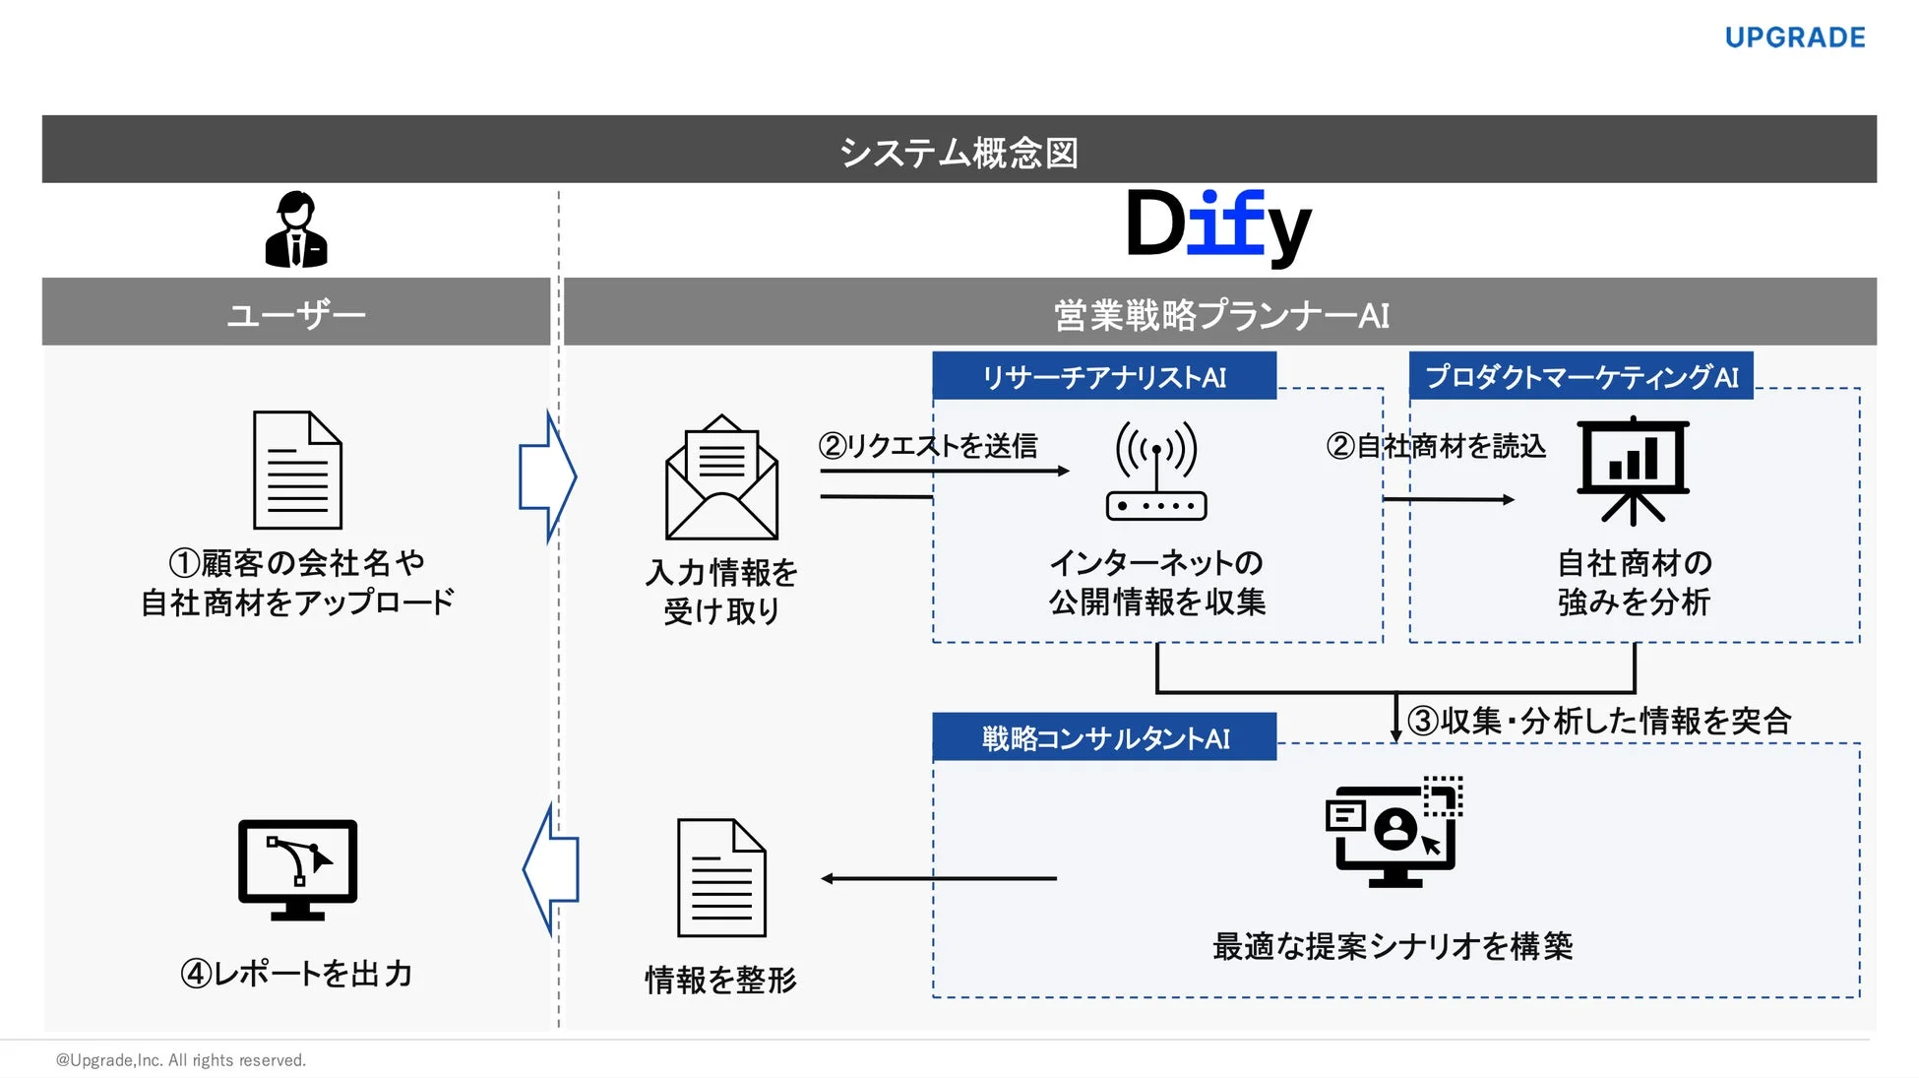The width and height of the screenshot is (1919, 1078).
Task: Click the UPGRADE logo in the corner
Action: [x=1795, y=37]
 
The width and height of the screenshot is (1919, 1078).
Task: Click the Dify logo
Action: [x=1217, y=225]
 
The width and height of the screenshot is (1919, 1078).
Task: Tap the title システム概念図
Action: [x=959, y=152]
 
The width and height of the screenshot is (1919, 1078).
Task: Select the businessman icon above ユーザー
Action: [x=296, y=229]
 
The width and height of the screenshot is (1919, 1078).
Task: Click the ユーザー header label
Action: [x=296, y=314]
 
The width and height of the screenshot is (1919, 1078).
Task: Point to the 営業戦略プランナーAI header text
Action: [x=1220, y=315]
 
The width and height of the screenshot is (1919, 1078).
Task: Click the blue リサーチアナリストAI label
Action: [x=1104, y=376]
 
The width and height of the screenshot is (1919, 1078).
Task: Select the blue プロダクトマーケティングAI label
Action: [x=1581, y=376]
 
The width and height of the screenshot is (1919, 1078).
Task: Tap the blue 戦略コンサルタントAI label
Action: [x=1104, y=737]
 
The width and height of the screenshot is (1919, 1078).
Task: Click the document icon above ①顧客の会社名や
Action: [x=297, y=471]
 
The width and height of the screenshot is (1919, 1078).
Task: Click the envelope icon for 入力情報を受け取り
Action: [x=721, y=477]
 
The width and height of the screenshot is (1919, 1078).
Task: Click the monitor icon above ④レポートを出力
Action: [x=297, y=869]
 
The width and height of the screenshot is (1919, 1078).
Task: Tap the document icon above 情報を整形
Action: [x=721, y=877]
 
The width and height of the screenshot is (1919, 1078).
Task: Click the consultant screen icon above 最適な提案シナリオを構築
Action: [x=1393, y=833]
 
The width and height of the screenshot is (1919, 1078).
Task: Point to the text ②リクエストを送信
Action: [x=928, y=446]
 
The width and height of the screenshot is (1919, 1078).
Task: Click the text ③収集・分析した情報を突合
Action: [x=1599, y=721]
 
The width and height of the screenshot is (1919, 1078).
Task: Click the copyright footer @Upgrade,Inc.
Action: [x=181, y=1060]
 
